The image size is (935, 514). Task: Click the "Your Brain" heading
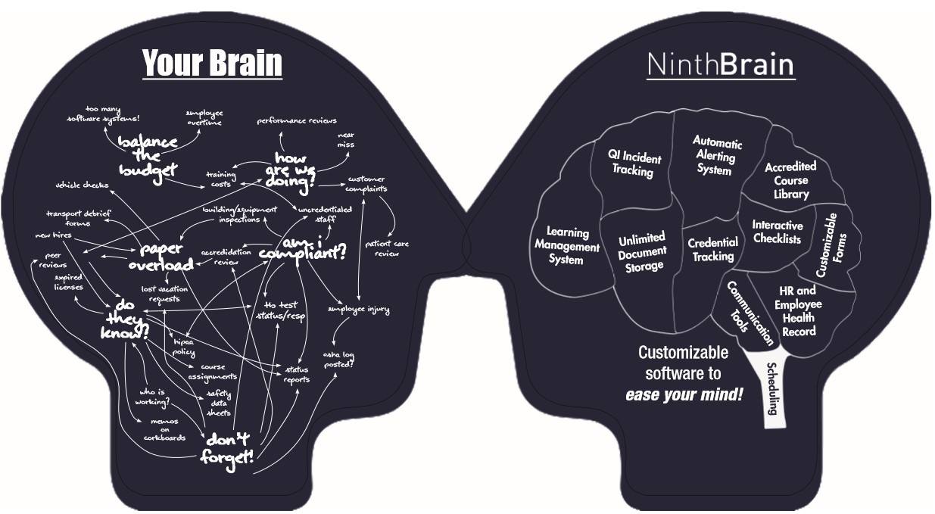[x=212, y=64]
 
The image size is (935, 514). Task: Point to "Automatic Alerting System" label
[x=717, y=156]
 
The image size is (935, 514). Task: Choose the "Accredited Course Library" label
[x=790, y=180]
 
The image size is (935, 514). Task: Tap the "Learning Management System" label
[x=567, y=246]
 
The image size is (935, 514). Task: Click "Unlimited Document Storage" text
[x=640, y=252]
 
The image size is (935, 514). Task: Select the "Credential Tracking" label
[x=712, y=249]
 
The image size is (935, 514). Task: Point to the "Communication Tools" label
[x=750, y=313]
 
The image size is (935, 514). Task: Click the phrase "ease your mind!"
[x=684, y=394]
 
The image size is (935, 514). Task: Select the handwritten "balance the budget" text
[x=148, y=154]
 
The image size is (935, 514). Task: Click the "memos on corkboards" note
[x=164, y=429]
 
